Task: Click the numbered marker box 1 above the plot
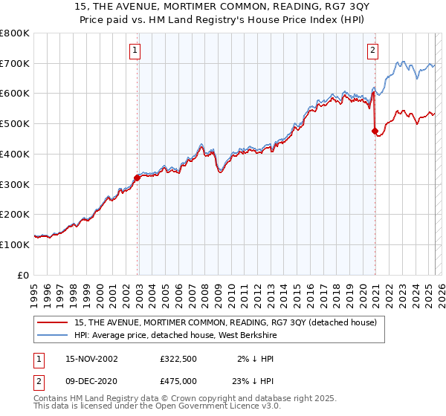point(135,51)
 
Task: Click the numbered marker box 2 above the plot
point(372,51)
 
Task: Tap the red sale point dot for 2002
point(138,178)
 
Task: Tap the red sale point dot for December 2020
point(375,131)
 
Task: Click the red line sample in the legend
point(52,322)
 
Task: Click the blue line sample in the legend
point(52,335)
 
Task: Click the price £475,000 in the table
point(178,381)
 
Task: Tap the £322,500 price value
point(178,359)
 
